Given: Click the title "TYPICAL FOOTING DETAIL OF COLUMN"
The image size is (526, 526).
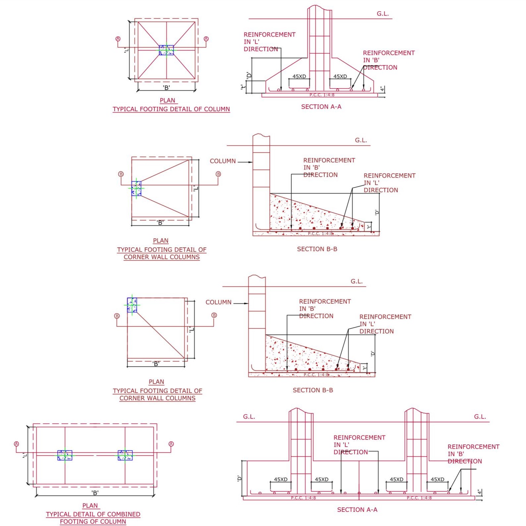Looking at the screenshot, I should (171, 109).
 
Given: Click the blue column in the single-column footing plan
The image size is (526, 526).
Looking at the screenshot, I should (166, 50).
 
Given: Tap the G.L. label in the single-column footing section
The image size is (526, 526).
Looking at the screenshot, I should (383, 14).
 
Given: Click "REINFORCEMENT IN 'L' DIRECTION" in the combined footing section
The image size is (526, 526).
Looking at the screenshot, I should (359, 445).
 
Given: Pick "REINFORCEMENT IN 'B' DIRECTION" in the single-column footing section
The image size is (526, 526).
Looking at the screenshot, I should (388, 60).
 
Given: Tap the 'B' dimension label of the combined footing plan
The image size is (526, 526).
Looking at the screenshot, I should (95, 493).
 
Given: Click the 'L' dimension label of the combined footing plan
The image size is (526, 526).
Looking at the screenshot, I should (25, 455).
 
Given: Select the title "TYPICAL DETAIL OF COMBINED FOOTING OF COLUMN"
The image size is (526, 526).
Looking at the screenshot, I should (93, 518).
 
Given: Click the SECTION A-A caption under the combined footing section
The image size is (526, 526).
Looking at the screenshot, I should (357, 510).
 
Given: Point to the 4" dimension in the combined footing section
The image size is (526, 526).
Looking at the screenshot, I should (479, 492).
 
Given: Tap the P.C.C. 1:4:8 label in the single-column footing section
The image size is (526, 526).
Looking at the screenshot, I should (322, 95).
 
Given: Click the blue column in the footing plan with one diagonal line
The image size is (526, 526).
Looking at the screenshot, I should (132, 305).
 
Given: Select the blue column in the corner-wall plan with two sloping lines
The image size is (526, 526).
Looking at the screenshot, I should (136, 188).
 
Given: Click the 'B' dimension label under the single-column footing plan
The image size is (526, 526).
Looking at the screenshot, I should (167, 88).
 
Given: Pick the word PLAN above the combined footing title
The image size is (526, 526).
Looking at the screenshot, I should (90, 505).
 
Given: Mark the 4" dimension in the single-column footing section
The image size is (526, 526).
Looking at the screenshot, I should (382, 89).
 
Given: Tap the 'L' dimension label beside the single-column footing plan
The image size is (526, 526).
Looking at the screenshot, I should (126, 50).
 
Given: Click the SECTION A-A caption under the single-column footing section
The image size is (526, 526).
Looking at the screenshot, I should (321, 107).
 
